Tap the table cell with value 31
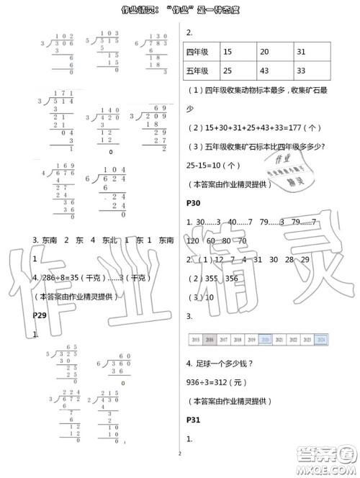(302, 52)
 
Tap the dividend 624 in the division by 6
(112, 178)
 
